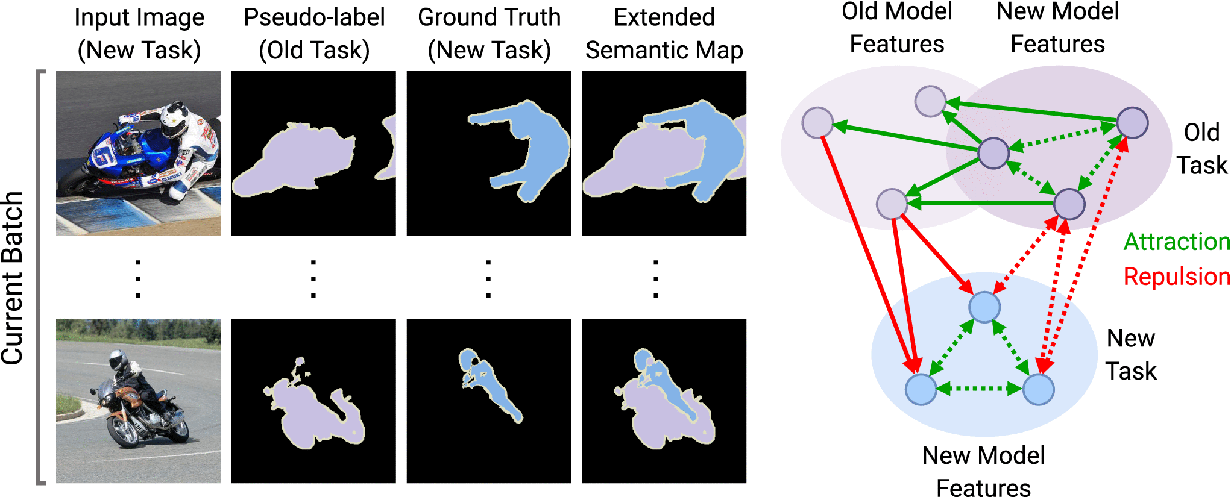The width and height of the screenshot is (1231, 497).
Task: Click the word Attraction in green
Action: pos(1176,242)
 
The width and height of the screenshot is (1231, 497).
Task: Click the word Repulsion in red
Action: pos(1176,277)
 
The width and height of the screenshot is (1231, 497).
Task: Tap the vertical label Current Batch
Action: pos(12,278)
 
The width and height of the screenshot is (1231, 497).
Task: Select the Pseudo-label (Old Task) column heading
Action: pos(314,34)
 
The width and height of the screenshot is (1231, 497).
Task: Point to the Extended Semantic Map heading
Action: pos(664,34)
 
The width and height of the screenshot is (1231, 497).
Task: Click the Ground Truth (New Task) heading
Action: pos(489,34)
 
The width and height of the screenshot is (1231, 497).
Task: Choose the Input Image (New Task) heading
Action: pos(139,34)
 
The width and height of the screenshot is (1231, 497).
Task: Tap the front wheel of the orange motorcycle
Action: pos(124,431)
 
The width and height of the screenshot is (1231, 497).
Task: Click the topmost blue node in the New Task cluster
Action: pos(984,307)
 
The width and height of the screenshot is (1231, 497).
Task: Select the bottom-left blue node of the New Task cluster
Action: pos(921,389)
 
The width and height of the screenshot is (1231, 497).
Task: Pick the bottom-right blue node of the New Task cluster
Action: pos(1038,389)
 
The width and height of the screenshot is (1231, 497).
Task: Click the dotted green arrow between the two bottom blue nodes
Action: pos(980,389)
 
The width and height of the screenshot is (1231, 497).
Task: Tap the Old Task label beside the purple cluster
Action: pos(1201,149)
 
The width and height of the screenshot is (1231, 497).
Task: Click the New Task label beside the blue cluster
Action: pos(1131,354)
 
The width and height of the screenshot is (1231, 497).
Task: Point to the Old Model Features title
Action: pos(896,28)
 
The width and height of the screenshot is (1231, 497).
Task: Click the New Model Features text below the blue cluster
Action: pos(983,472)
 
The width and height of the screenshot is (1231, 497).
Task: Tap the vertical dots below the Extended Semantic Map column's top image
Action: pos(656,278)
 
